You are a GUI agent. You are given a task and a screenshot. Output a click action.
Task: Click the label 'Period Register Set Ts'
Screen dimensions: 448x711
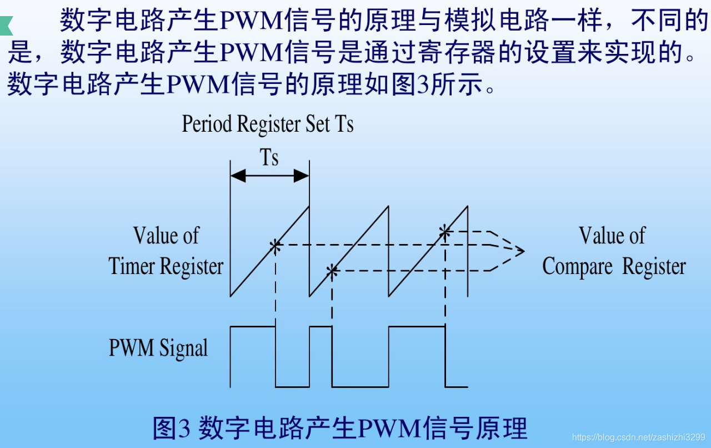click(268, 123)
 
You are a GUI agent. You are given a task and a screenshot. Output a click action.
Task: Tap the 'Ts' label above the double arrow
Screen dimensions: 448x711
click(269, 157)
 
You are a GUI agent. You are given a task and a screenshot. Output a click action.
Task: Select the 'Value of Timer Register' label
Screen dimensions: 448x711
click(166, 251)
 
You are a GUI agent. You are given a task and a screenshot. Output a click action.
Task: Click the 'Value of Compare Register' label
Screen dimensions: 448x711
click(613, 251)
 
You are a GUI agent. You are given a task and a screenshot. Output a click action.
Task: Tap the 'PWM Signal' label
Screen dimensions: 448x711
click(158, 348)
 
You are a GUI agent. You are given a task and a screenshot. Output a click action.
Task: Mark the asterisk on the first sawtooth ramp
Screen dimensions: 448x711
click(275, 245)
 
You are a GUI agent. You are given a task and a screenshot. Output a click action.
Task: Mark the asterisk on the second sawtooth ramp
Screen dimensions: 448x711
click(332, 271)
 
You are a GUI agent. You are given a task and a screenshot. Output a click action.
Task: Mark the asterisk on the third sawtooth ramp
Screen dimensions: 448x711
click(444, 231)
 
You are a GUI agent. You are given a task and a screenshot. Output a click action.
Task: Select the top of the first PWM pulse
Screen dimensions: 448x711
click(253, 327)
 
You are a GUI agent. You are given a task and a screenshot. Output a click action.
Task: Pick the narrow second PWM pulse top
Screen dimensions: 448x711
click(321, 327)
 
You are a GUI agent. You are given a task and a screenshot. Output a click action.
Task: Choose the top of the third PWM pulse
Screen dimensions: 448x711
click(417, 327)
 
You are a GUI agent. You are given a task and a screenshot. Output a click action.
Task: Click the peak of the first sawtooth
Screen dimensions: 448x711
click(308, 207)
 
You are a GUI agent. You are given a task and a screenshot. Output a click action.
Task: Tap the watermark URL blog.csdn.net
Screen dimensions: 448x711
click(638, 437)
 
